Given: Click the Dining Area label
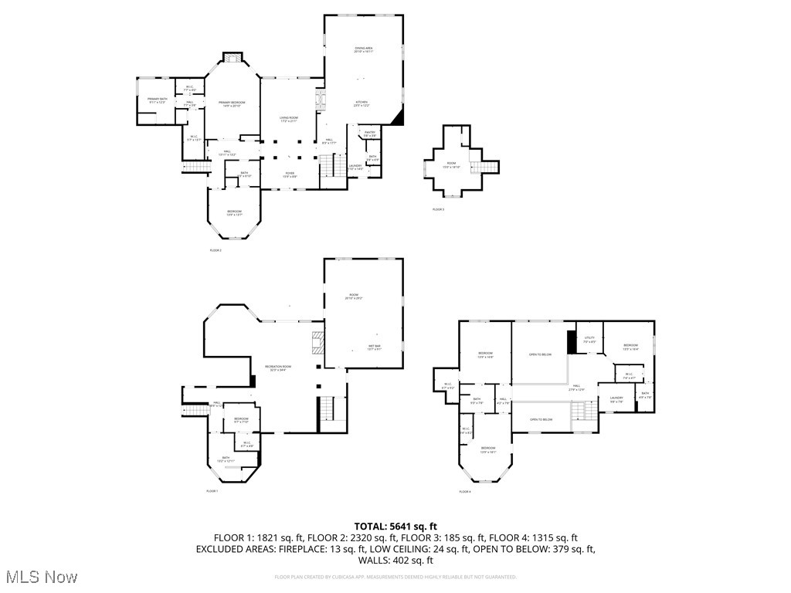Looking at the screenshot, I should [x=364, y=50].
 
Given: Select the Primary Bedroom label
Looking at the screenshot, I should [x=232, y=104].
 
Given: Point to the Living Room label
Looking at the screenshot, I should [x=289, y=119].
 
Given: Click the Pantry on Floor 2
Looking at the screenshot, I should [x=370, y=134].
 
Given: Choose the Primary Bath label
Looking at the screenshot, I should [x=158, y=100].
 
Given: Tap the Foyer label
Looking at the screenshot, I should [x=289, y=175].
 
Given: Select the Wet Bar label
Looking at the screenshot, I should [x=374, y=347].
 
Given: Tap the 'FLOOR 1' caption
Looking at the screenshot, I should [x=212, y=491].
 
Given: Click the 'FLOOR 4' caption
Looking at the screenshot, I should [x=465, y=491].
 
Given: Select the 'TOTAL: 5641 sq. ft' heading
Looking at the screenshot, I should [x=395, y=527].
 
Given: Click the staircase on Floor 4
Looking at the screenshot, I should [x=584, y=416].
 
